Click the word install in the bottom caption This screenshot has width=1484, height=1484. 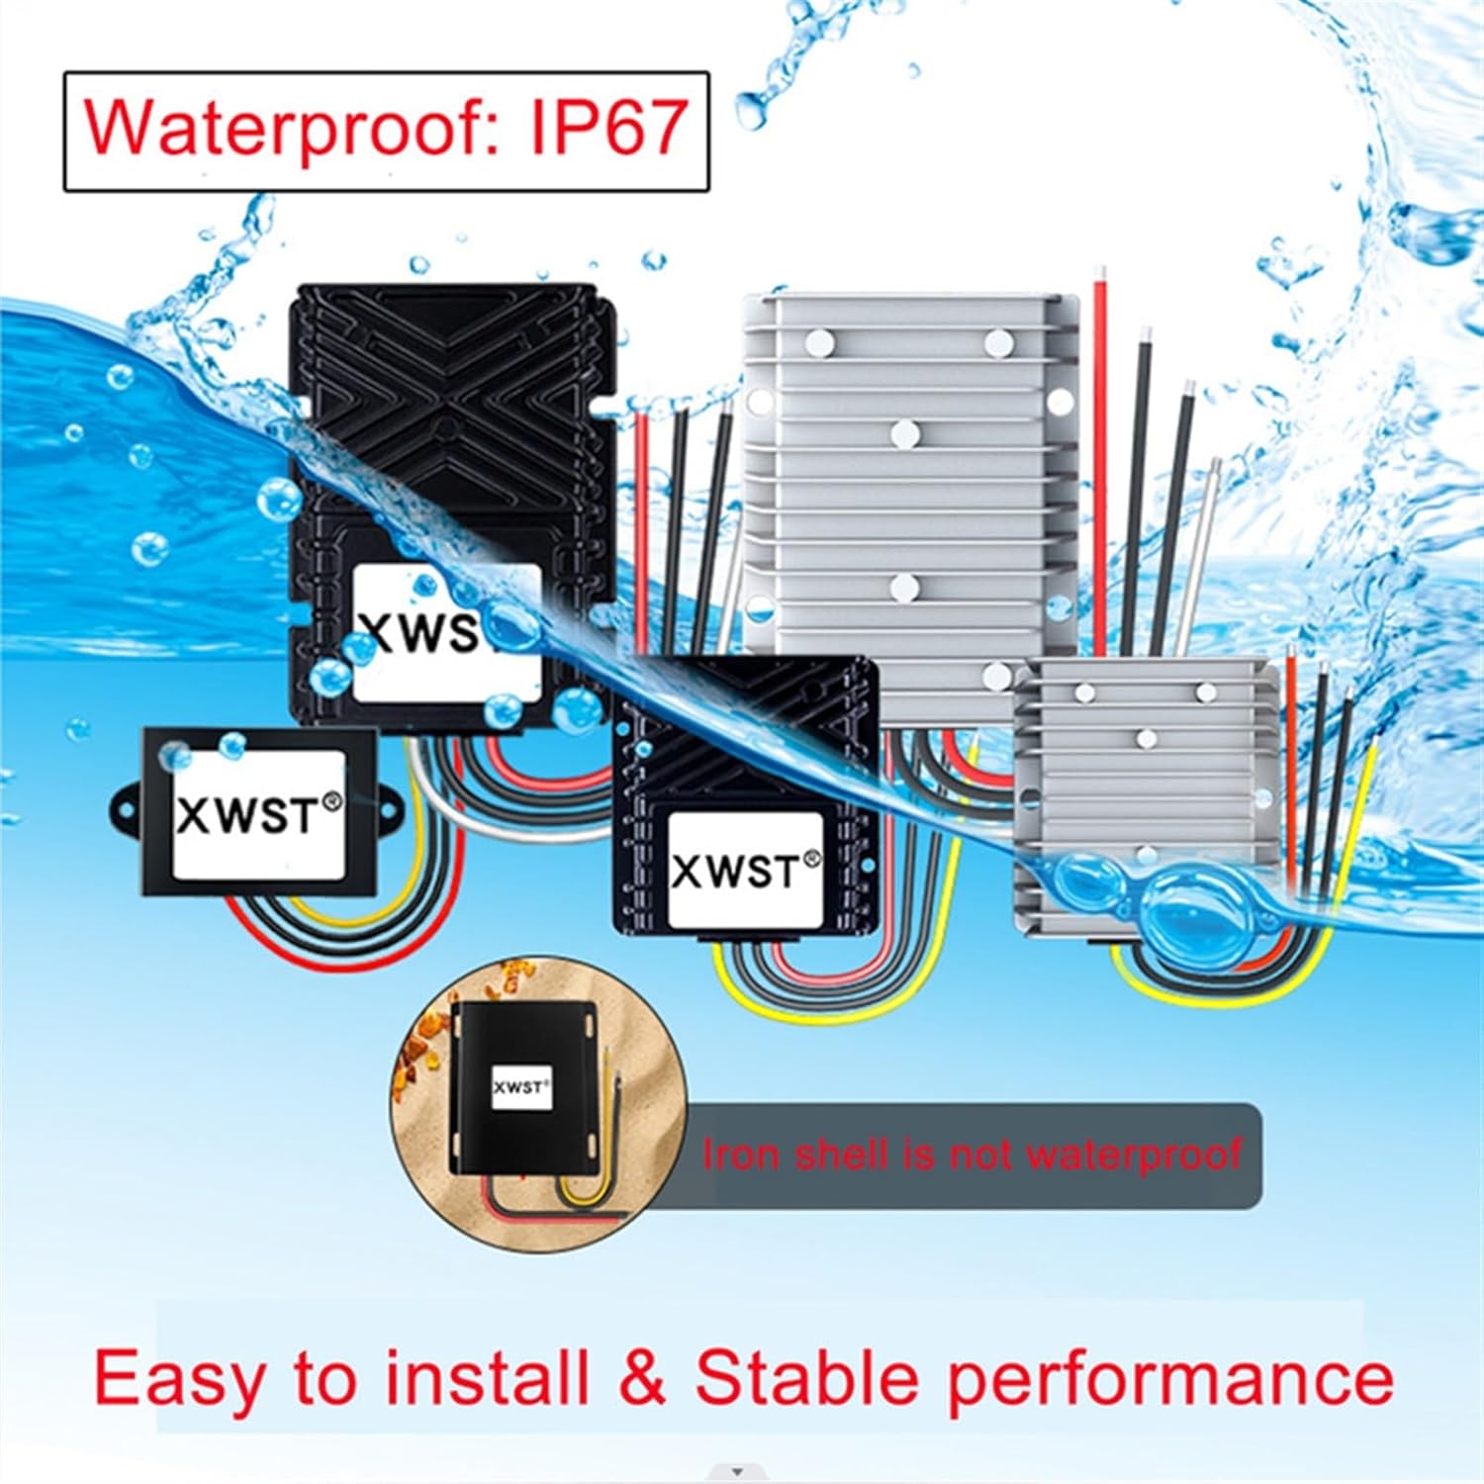click(487, 1377)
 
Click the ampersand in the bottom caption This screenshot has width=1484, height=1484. click(644, 1377)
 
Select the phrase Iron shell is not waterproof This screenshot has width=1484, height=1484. click(972, 1155)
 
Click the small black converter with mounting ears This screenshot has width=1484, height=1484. click(259, 811)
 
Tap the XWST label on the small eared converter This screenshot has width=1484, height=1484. click(259, 815)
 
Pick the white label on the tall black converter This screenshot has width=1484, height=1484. click(447, 633)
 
